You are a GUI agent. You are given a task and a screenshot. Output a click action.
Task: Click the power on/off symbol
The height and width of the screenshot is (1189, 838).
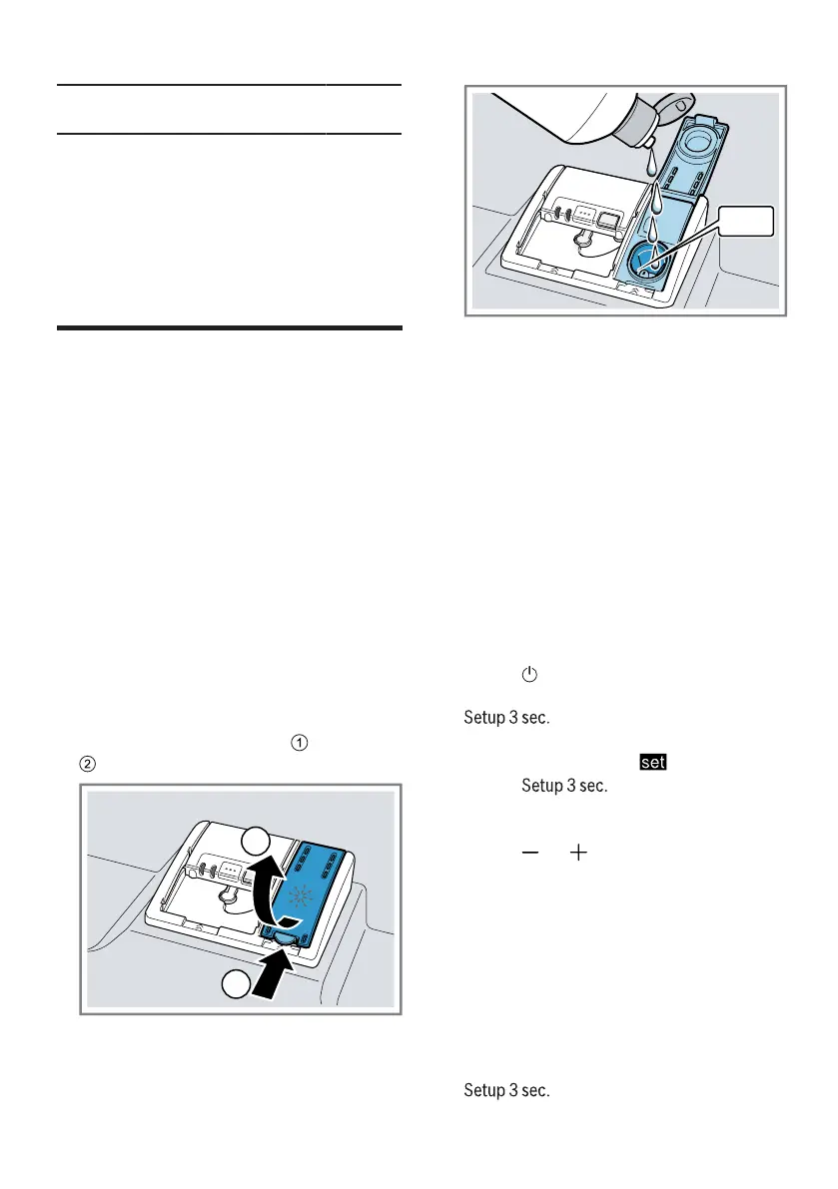pyautogui.click(x=528, y=676)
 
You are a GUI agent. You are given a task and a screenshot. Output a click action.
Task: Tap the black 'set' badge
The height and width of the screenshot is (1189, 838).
pyautogui.click(x=653, y=764)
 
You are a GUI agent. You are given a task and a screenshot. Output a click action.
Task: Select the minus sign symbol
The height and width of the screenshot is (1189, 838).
pyautogui.click(x=529, y=853)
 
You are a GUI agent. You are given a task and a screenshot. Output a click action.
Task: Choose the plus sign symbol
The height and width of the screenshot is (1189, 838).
pyautogui.click(x=578, y=853)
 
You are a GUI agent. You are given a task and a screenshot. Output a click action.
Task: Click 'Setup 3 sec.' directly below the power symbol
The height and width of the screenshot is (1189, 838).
pyautogui.click(x=506, y=718)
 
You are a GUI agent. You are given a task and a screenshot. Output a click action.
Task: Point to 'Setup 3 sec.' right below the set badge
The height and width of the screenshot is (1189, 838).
pyautogui.click(x=564, y=786)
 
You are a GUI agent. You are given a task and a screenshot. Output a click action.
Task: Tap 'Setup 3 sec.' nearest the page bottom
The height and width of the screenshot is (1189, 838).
pyautogui.click(x=506, y=1090)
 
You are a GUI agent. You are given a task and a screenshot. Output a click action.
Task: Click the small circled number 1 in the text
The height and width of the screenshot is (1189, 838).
pyautogui.click(x=297, y=742)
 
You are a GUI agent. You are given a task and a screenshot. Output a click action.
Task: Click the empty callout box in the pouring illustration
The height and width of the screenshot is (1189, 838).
pyautogui.click(x=747, y=221)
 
